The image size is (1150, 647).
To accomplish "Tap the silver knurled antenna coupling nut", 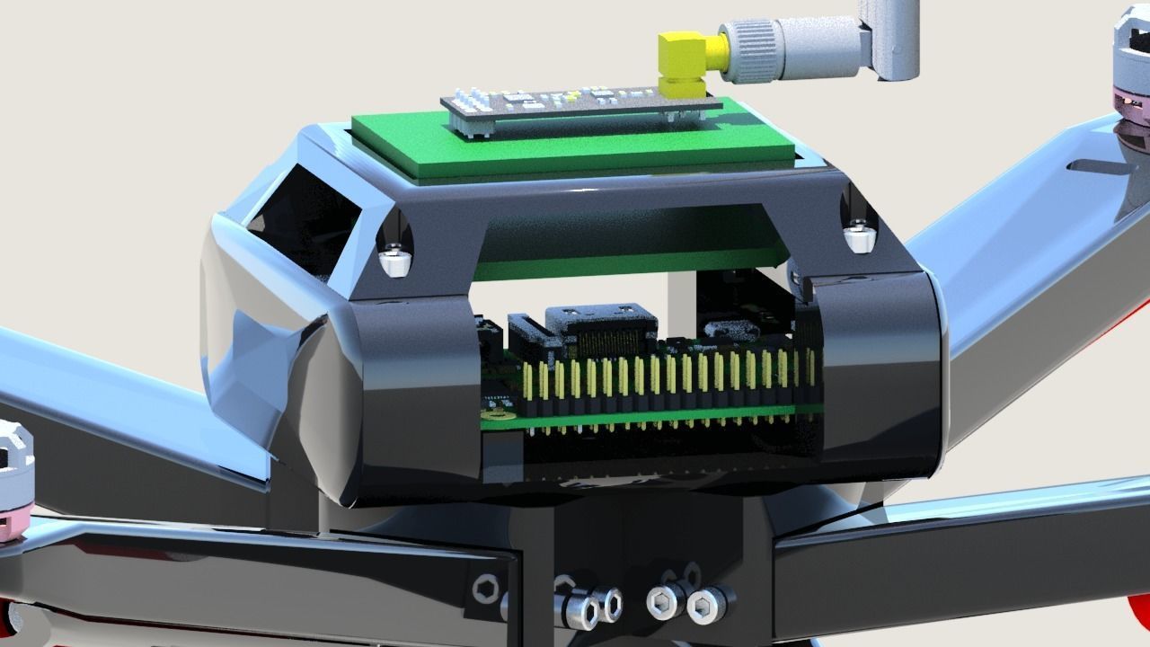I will (753, 45).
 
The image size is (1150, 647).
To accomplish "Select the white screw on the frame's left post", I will (395, 261).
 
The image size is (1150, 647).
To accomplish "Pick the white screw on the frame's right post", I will (861, 236).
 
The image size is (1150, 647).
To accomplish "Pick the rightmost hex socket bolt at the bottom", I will (705, 607).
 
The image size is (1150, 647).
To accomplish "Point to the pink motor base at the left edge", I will (13, 525).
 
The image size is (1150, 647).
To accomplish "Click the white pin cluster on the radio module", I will (471, 103).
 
